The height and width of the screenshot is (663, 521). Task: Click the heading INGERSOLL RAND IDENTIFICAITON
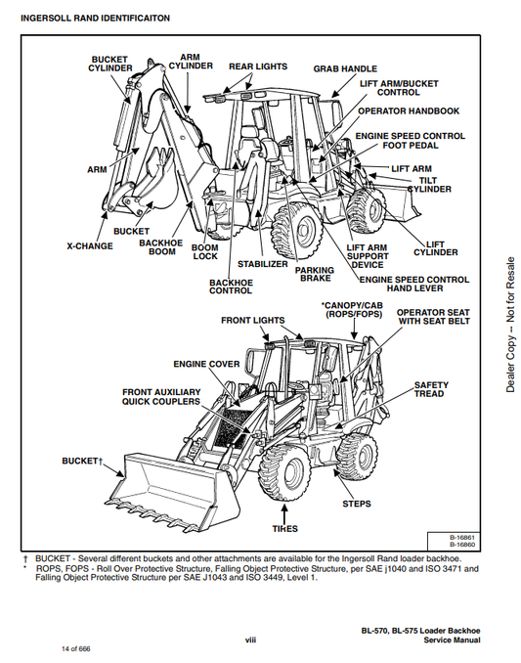[x=95, y=19]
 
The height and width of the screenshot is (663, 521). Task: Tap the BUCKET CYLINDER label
[x=109, y=64]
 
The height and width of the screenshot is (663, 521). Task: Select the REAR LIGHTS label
[x=258, y=66]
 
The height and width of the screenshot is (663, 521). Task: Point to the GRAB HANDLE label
[x=345, y=68]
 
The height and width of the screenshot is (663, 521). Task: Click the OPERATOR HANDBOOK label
[x=409, y=110]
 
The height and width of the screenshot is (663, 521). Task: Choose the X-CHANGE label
[x=90, y=246]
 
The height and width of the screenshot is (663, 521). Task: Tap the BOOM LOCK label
[x=205, y=251]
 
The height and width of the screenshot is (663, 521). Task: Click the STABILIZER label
[x=262, y=264]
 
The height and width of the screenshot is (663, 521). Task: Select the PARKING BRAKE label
[x=315, y=274]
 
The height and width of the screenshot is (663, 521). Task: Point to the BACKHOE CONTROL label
[x=231, y=287]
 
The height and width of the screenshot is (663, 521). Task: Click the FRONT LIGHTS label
[x=253, y=321]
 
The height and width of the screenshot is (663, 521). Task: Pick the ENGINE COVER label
[x=206, y=364]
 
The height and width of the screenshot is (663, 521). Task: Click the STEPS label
[x=356, y=504]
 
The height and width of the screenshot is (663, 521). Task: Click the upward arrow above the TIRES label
[x=284, y=513]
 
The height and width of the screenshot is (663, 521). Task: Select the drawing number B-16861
[x=462, y=538]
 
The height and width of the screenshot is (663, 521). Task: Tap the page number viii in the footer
[x=250, y=640]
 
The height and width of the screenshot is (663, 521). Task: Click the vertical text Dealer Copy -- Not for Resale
[x=510, y=325]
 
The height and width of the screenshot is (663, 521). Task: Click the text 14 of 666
[x=76, y=648]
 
